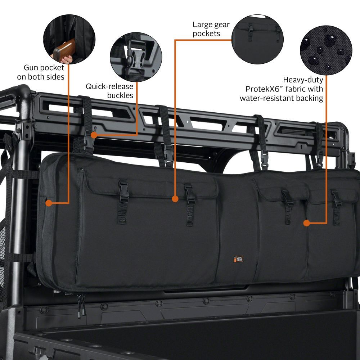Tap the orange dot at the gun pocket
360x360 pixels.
(x=49, y=203)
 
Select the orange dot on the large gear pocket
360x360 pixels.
(x=175, y=198)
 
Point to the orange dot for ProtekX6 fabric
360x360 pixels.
(x=306, y=223)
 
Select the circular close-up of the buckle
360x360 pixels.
(x=136, y=58)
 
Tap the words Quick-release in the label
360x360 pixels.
(x=109, y=86)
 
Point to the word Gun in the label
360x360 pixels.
(x=30, y=67)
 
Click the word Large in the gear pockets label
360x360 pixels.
(x=202, y=25)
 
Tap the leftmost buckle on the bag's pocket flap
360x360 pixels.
(x=123, y=191)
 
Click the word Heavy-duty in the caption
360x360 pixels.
(x=303, y=80)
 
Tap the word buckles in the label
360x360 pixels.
(x=120, y=95)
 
